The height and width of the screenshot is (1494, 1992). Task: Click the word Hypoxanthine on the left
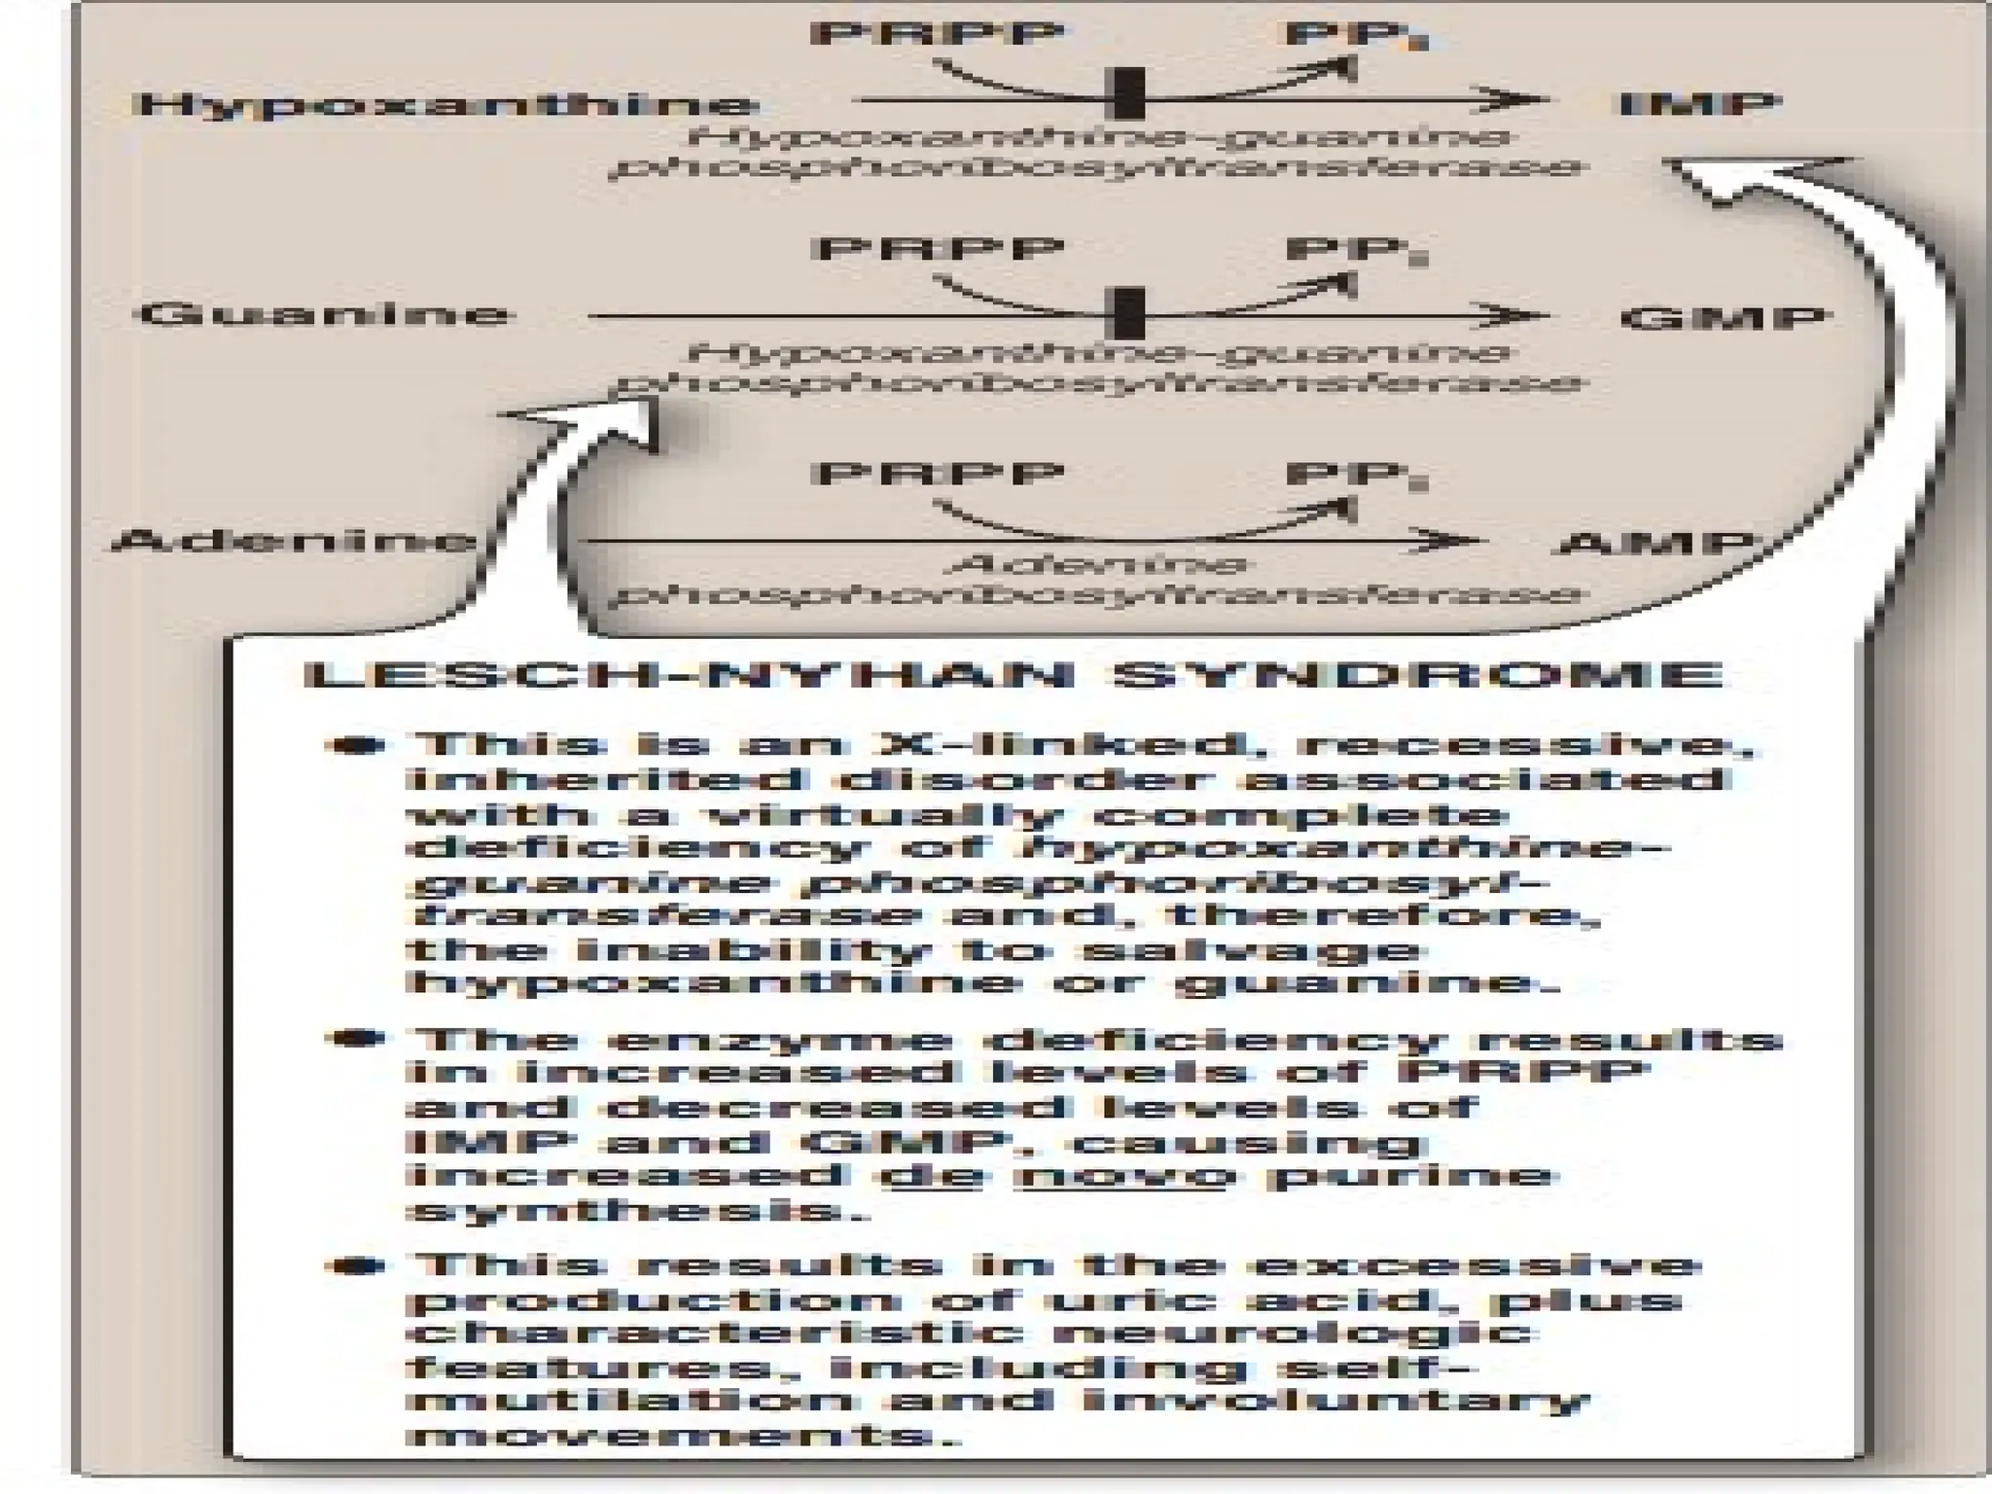(445, 105)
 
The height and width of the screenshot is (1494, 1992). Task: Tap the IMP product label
(1699, 104)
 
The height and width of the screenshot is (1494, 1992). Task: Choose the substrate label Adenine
(292, 541)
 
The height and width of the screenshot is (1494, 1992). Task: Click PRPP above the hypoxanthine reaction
(937, 34)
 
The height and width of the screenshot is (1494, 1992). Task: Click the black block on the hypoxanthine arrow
(1128, 95)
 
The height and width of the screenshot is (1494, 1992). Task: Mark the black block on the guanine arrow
(1128, 313)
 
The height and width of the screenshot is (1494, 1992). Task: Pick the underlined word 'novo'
(1119, 1176)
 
